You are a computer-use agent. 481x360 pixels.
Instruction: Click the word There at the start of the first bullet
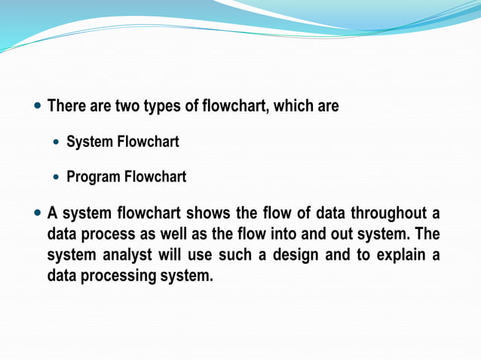pos(69,106)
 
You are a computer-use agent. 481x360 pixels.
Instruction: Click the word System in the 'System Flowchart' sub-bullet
pos(89,142)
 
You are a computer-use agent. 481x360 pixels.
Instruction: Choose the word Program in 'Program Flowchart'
pos(93,177)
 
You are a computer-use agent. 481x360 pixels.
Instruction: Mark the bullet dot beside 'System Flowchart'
pos(58,142)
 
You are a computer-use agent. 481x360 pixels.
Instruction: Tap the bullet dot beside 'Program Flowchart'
pos(58,177)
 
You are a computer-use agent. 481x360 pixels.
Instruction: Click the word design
pos(293,255)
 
